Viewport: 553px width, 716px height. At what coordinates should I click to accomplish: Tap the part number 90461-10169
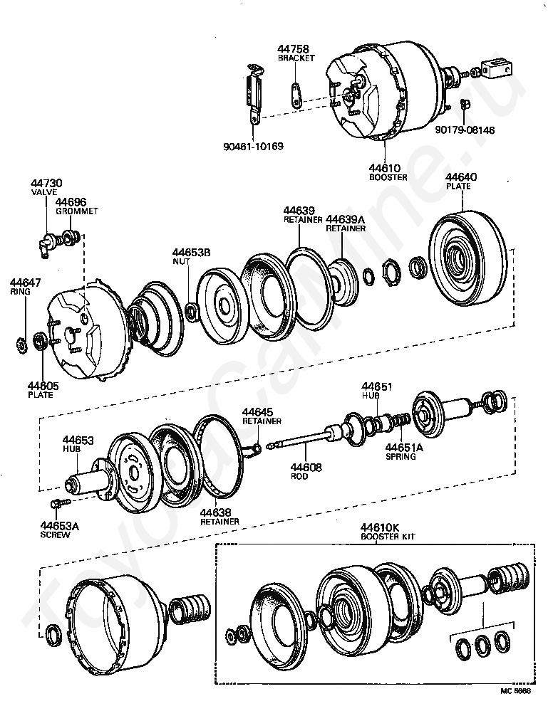coord(252,147)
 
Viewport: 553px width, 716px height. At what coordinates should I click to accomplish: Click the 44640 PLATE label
coord(461,181)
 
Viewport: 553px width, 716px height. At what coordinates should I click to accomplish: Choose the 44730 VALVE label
coord(47,187)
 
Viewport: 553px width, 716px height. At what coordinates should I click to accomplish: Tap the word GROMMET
coord(76,211)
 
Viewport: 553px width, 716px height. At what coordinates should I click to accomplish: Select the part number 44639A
coord(346,219)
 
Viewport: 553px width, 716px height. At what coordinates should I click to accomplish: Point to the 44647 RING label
coord(25,287)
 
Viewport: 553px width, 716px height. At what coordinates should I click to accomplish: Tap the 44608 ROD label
coord(305,471)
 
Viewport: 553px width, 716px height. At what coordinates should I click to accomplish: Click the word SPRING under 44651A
coord(400,457)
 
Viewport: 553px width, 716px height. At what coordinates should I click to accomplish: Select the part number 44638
coord(215,512)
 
